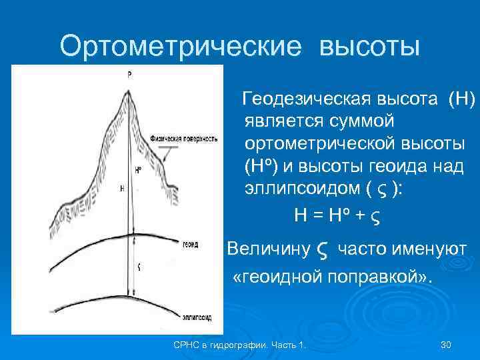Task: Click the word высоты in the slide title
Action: click(x=370, y=47)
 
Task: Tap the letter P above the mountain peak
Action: click(x=129, y=75)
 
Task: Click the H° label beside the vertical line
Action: click(x=137, y=170)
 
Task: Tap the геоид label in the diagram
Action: click(x=189, y=245)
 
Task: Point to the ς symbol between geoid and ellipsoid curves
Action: click(x=138, y=266)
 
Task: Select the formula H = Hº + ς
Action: click(x=339, y=215)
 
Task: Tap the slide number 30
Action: click(x=446, y=344)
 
